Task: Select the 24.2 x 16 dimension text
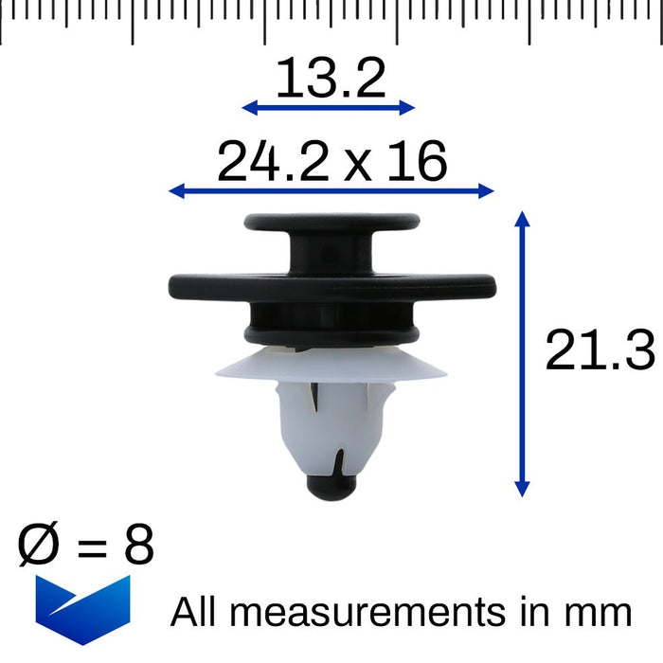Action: coord(331,162)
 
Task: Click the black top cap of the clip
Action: coord(331,224)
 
